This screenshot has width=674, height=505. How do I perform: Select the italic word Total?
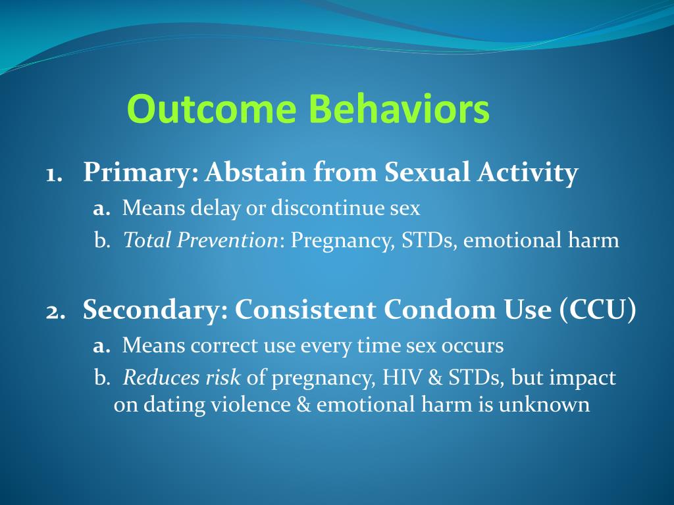click(147, 239)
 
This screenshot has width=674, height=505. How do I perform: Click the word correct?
click(224, 346)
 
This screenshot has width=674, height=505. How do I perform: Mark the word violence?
click(250, 404)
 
